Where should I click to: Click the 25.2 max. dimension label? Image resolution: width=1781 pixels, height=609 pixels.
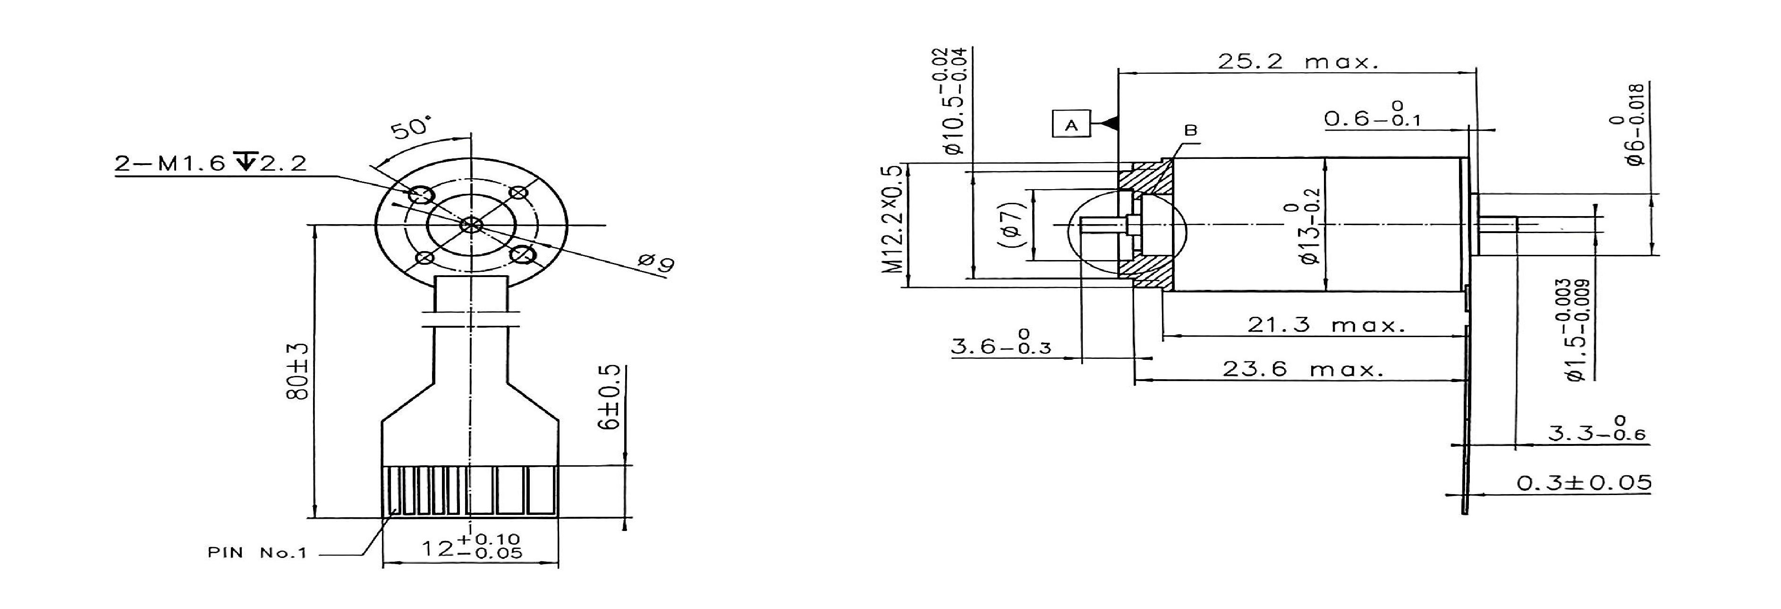[x=1298, y=61]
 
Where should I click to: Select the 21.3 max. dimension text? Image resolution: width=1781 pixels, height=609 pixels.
[x=1326, y=324]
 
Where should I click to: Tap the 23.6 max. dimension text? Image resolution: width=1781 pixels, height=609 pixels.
[x=1303, y=369]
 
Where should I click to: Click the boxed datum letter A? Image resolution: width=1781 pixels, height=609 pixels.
[x=1071, y=125]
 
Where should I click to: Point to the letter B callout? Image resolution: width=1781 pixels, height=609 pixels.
[x=1191, y=130]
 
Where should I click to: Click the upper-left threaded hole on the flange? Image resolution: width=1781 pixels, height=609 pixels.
[x=421, y=196]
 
